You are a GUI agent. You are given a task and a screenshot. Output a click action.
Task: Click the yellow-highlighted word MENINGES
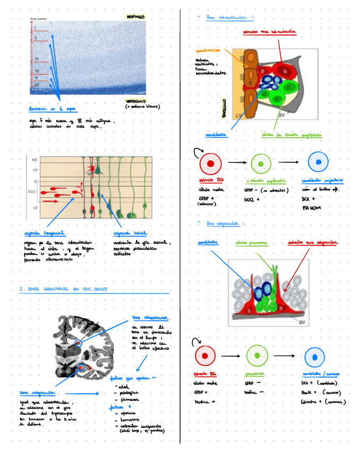coord(135,17)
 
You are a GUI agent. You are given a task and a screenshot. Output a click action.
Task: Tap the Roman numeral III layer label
coord(37,59)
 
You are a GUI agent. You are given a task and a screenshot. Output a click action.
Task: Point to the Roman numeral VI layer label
coord(37,84)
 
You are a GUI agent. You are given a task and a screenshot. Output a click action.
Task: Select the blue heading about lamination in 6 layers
coord(53,109)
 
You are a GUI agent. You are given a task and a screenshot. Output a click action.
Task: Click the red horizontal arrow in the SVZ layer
coord(52,201)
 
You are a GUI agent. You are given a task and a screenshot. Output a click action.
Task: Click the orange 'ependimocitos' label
coord(208,50)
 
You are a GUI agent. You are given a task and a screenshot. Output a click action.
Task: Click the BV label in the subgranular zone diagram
coord(301,322)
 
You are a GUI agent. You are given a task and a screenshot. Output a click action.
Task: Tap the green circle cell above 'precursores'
coord(258,355)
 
